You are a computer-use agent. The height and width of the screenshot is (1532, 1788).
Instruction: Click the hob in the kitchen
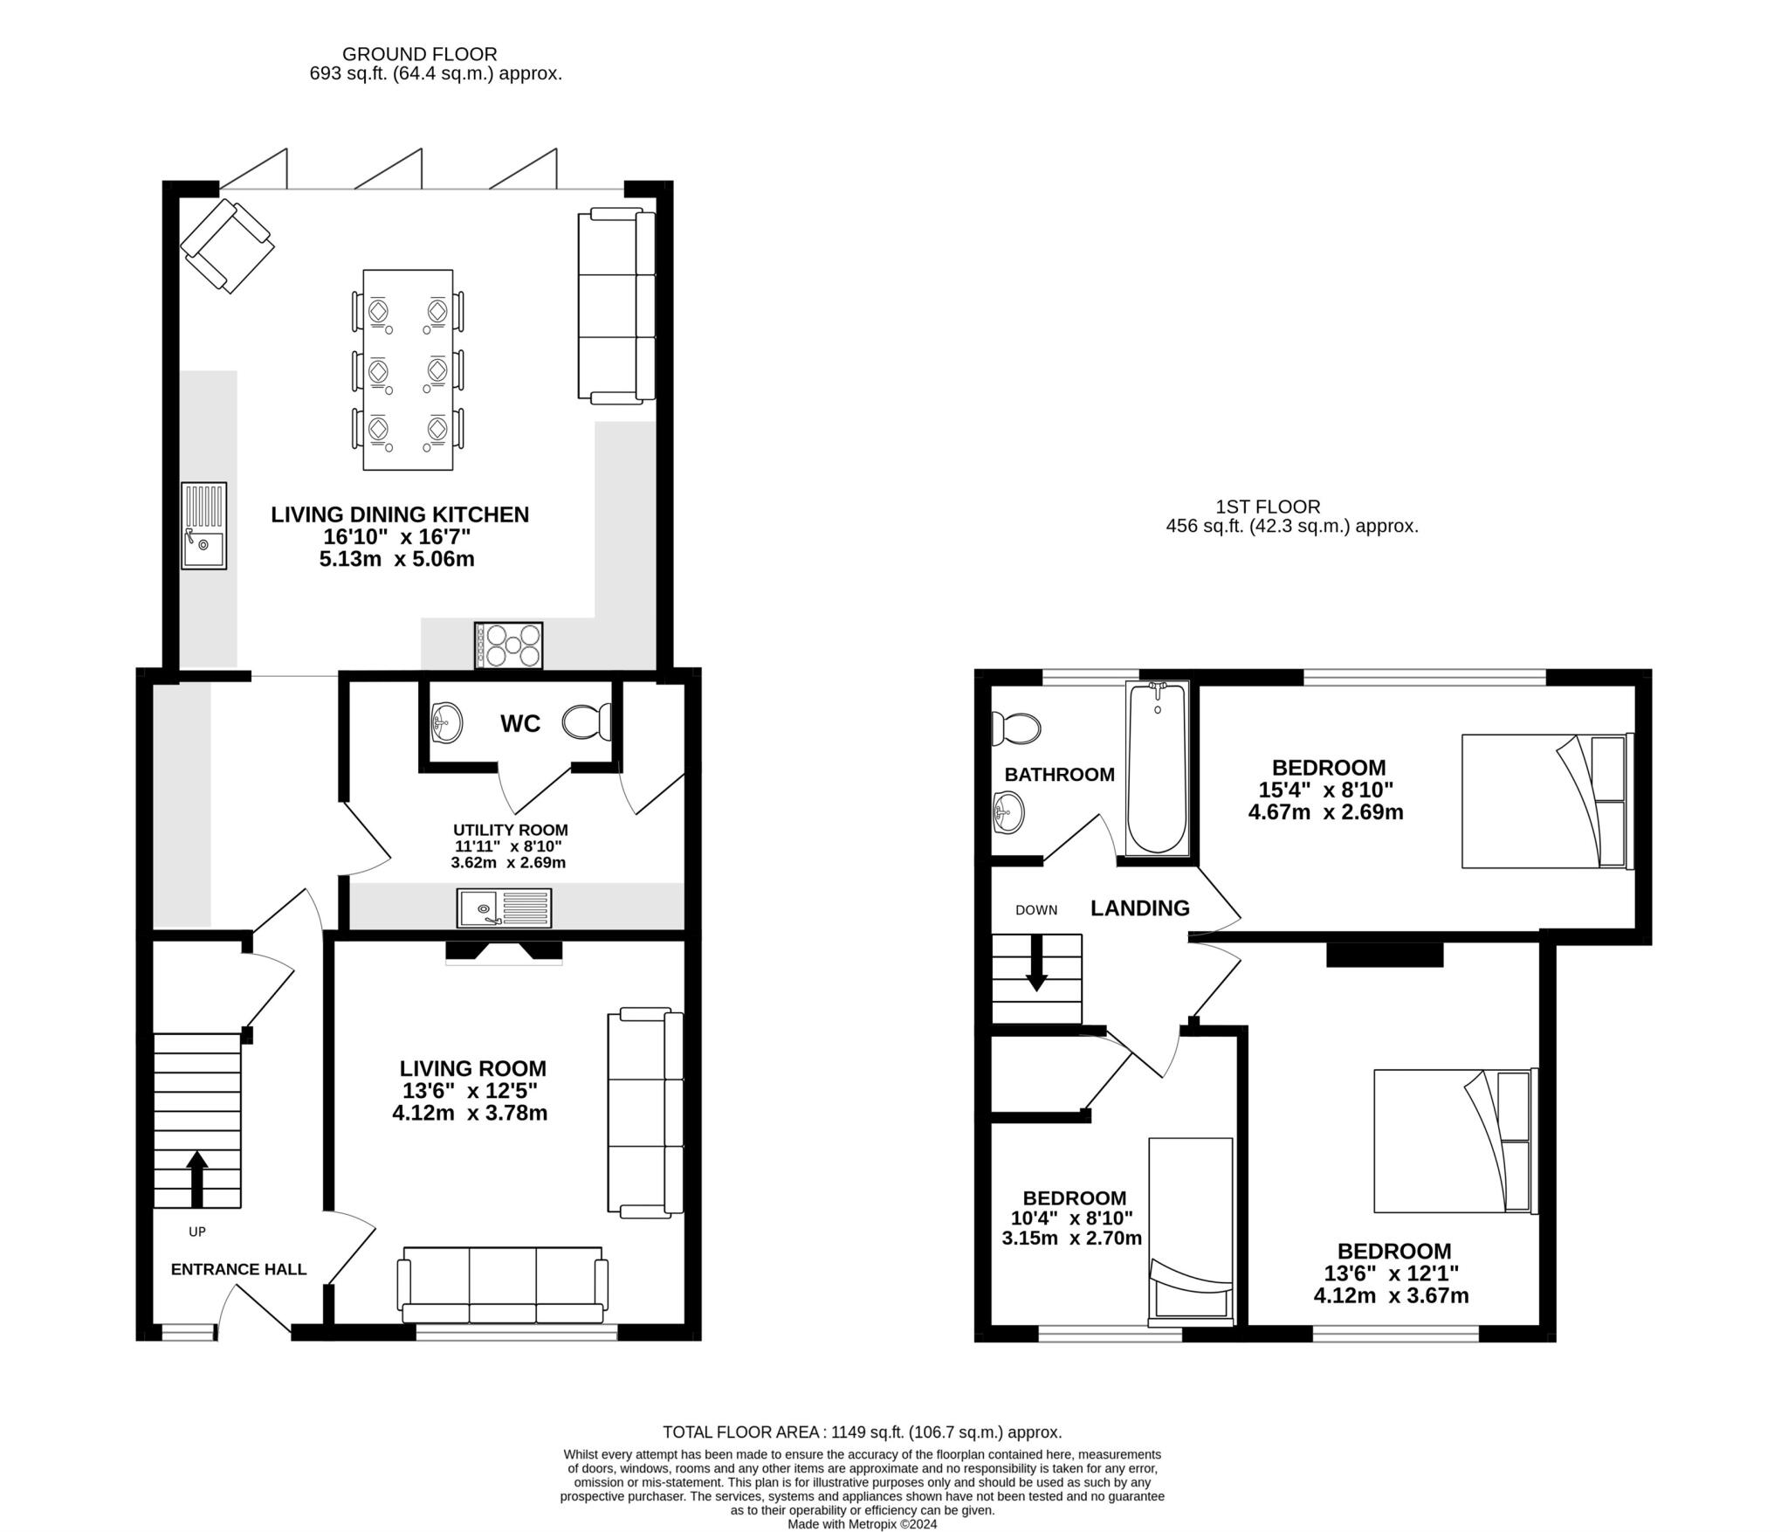pos(508,645)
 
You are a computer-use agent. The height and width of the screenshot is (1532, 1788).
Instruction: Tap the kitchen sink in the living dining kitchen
pos(203,526)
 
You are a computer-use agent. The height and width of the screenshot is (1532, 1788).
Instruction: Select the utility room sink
pos(504,908)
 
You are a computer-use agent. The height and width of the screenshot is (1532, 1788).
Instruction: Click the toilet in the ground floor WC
pos(586,722)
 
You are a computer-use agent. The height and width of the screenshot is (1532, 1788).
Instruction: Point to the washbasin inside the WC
pos(446,722)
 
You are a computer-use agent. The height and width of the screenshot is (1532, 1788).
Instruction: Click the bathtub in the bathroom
pos(1157,769)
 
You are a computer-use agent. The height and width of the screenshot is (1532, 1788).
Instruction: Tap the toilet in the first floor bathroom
pos(1015,728)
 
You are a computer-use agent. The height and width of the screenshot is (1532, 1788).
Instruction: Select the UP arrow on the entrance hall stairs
pos(197,1177)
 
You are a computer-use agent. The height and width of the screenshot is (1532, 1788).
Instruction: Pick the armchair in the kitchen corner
pos(227,245)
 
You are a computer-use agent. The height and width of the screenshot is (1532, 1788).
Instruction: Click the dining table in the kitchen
pos(408,369)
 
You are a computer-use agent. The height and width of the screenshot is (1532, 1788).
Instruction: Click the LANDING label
pos(1139,908)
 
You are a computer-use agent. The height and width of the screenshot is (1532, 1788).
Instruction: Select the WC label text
pos(520,723)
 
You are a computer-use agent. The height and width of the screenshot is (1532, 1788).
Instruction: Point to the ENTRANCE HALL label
pos(238,1269)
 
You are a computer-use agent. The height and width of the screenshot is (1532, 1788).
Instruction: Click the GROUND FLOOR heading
pos(419,54)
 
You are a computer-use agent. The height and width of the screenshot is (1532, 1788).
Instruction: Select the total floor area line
pos(862,1432)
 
